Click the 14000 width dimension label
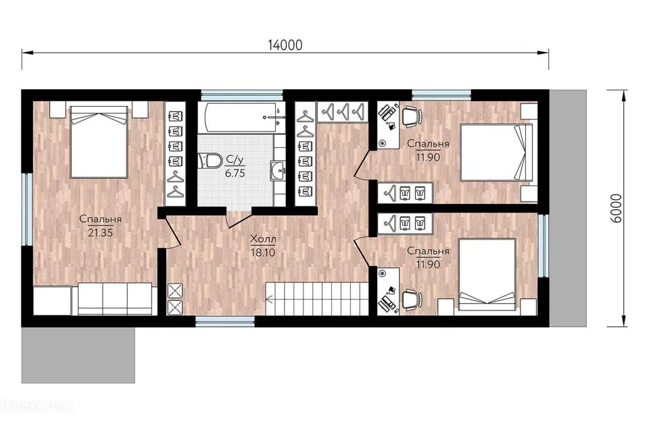point(285,45)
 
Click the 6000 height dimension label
point(617,209)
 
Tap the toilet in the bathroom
point(211,161)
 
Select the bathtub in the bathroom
point(241,117)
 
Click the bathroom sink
point(278,170)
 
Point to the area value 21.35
point(100,233)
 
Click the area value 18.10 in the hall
point(263,252)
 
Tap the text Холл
point(263,239)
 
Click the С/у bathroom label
point(235,159)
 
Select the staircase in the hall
point(317,298)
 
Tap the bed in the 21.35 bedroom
point(99,142)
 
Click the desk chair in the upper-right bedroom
point(411,115)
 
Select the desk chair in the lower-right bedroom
point(411,299)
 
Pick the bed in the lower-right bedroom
point(487,274)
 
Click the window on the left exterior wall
point(28,209)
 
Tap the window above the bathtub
point(242,94)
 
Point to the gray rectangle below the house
point(78,355)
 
